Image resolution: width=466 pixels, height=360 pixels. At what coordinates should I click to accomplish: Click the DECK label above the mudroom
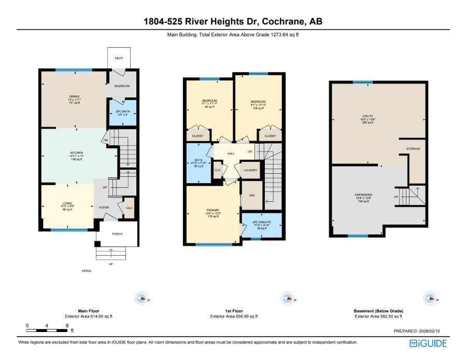(x=119, y=59)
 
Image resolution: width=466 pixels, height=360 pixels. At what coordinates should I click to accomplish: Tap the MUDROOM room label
(x=122, y=86)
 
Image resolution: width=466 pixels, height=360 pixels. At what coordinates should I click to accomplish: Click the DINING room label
(x=74, y=96)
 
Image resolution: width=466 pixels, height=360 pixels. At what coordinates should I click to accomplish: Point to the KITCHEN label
(x=76, y=154)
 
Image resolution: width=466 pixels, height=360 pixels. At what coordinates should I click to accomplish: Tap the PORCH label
(x=117, y=233)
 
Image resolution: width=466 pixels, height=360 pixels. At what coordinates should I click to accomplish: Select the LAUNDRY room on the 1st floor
(x=250, y=170)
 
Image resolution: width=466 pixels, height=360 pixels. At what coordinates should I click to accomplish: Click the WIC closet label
(x=252, y=196)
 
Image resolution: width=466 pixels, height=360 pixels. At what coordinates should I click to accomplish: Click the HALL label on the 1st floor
(x=231, y=154)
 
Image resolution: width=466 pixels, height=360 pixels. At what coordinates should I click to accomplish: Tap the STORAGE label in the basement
(x=413, y=149)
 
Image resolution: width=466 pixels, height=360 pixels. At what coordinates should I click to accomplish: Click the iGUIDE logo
(x=428, y=343)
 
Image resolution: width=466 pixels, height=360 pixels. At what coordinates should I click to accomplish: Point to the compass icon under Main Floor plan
(x=141, y=298)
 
